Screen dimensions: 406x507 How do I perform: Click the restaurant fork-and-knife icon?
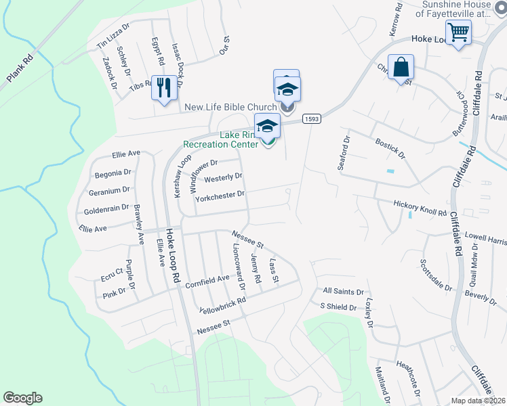[163, 87]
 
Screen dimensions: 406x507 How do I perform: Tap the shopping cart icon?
[459, 31]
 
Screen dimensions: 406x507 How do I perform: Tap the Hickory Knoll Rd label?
[420, 207]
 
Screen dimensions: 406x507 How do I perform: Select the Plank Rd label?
[20, 68]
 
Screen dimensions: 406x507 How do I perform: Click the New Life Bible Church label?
[230, 107]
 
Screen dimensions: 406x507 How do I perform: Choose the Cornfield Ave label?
[207, 279]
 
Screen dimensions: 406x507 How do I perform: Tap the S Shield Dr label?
[338, 307]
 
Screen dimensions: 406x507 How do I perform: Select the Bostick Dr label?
[390, 150]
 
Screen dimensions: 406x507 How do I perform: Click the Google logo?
[22, 398]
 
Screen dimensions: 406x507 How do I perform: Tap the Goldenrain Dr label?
[106, 208]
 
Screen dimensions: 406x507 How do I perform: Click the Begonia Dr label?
[112, 173]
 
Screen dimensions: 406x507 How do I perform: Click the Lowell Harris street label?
[485, 239]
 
